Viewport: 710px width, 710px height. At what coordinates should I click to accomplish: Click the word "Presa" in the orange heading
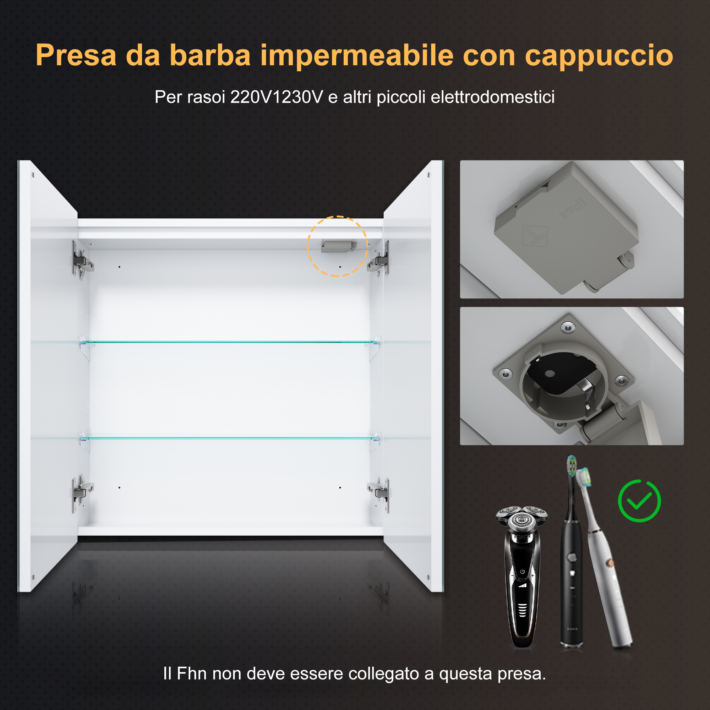(76, 55)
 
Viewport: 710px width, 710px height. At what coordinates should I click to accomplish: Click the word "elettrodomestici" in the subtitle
(492, 97)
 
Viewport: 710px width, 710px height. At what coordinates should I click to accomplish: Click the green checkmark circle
(639, 501)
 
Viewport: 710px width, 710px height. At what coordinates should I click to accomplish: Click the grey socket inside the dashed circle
(338, 246)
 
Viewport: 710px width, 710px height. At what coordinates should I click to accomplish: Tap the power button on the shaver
(522, 572)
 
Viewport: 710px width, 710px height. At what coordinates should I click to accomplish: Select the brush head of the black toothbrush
(571, 466)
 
